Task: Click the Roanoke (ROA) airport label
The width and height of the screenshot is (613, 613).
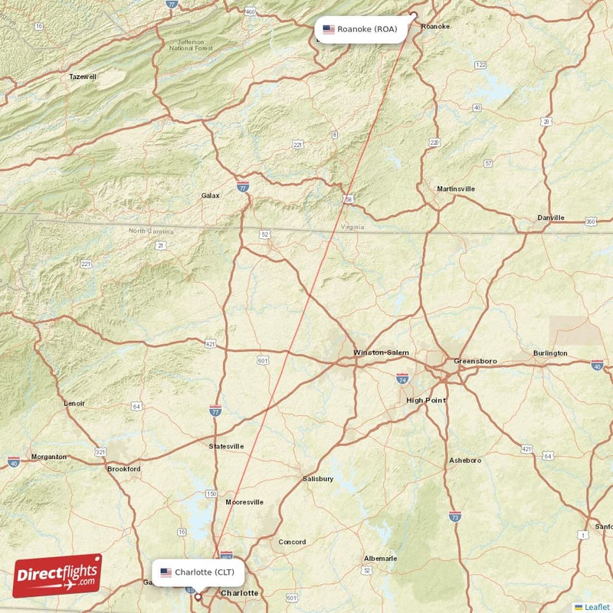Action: tap(361, 30)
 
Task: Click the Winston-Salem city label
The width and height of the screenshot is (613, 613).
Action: tap(381, 352)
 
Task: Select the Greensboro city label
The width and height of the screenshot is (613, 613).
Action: tap(475, 360)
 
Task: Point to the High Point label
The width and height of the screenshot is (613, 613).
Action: tap(425, 400)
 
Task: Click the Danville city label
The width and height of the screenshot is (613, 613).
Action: tap(550, 218)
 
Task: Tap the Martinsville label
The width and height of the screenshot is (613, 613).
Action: tap(455, 188)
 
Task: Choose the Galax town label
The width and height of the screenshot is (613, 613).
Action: tap(210, 195)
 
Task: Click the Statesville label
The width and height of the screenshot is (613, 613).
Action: tap(227, 446)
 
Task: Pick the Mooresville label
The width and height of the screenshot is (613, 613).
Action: tap(244, 502)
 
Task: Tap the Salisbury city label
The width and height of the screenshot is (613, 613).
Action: tap(318, 479)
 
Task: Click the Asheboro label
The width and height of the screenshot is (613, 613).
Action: tap(465, 461)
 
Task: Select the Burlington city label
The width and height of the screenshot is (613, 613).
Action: tap(550, 353)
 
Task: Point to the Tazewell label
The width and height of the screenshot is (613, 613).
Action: tap(83, 77)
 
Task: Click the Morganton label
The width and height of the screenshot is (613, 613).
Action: tap(48, 457)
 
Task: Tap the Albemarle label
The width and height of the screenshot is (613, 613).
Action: tap(380, 558)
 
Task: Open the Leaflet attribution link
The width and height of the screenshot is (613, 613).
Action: tap(596, 607)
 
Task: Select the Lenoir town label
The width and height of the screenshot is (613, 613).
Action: tap(74, 402)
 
